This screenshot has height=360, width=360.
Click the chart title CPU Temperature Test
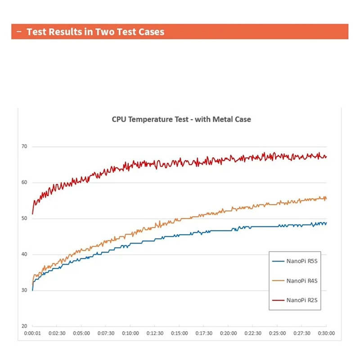181,119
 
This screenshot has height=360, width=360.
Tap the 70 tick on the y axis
24,147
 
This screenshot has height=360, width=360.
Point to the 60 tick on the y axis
24,183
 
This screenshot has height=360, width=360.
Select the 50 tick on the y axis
24,219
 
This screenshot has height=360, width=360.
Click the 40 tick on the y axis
24,254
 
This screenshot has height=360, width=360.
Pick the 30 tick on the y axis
24,290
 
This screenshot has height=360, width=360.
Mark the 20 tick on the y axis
24,326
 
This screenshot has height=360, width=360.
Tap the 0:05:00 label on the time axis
81,333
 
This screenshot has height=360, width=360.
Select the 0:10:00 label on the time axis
130,333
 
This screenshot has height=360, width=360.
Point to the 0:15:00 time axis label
179,333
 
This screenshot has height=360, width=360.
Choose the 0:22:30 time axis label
252,333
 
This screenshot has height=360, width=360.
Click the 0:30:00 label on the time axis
326,333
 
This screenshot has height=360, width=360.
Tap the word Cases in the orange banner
152,32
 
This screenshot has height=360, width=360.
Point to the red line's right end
326,157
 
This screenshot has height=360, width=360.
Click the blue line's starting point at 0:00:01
32,290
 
